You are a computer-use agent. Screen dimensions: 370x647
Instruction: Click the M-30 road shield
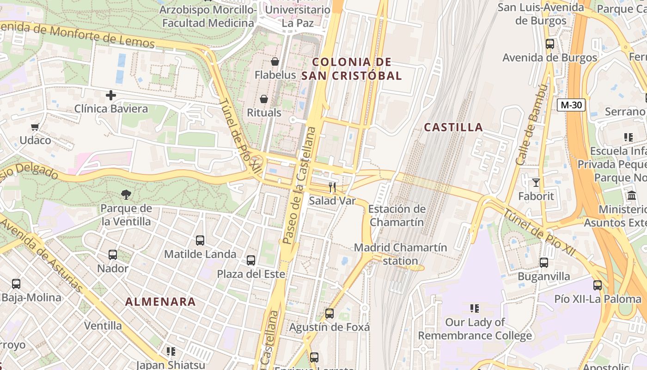571,105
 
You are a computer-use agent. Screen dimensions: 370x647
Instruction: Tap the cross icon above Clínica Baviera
111,96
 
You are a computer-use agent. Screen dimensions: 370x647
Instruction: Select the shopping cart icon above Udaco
35,127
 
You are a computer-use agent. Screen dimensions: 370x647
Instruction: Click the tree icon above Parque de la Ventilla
126,194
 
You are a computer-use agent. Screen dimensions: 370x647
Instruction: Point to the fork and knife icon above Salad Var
332,187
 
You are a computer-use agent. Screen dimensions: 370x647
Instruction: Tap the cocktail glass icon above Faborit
536,183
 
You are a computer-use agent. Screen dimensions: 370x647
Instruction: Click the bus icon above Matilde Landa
200,240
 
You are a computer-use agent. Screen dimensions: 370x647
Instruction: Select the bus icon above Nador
113,255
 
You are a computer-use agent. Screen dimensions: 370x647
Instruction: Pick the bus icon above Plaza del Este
251,260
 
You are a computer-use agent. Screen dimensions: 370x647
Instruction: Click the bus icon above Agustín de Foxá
330,314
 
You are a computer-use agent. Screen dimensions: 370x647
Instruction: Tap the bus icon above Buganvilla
544,263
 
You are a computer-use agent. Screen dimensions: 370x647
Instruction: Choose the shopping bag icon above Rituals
264,99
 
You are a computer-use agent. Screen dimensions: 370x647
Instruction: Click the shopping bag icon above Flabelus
275,62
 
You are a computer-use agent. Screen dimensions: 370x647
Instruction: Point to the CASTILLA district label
453,127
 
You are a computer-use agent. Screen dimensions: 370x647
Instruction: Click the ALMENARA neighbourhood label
160,302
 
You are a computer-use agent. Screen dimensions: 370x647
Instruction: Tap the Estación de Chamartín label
397,216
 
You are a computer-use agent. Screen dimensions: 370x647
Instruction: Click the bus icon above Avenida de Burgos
550,44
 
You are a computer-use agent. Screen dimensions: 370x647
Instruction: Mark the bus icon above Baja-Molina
16,284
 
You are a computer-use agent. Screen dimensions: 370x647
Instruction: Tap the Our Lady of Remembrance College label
475,329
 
